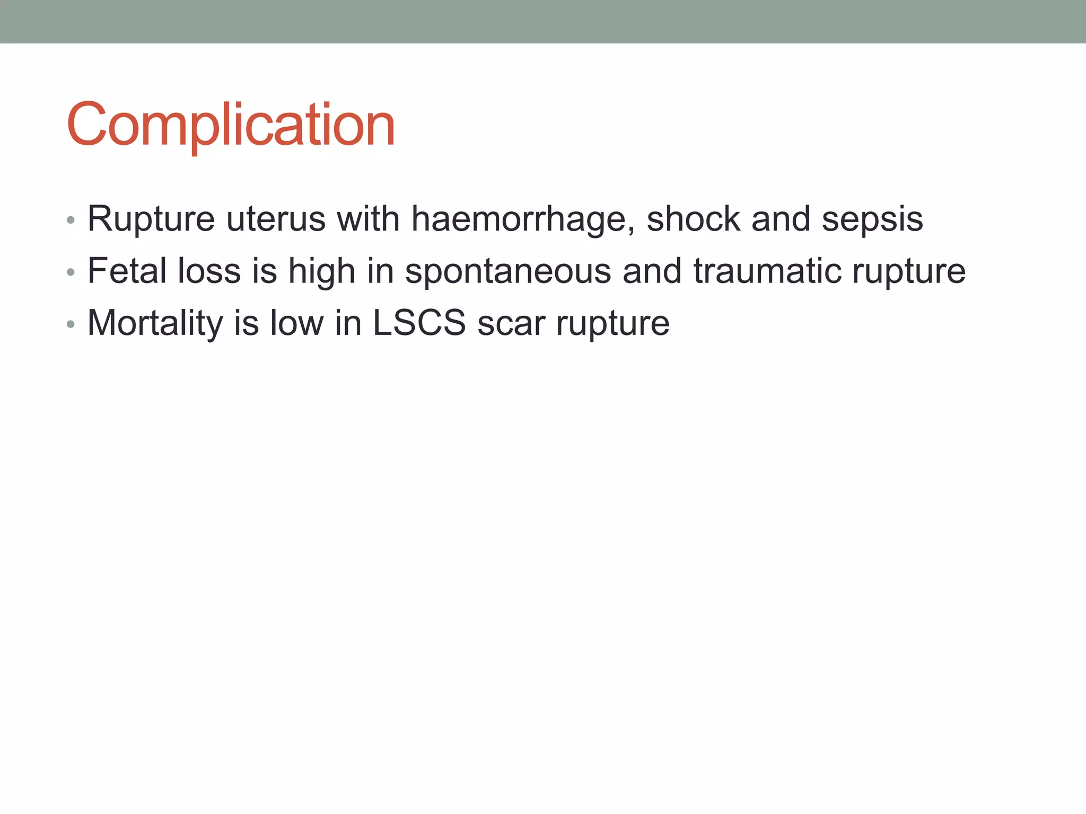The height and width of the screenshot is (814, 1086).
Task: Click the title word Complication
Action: click(x=231, y=125)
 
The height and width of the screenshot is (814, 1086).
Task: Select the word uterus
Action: click(x=276, y=219)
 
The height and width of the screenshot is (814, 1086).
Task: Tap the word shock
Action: click(x=693, y=219)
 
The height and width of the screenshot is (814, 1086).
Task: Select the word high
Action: click(x=321, y=272)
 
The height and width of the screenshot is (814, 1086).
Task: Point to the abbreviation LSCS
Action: click(x=419, y=323)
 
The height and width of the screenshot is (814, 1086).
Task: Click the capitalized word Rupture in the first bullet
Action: click(x=151, y=219)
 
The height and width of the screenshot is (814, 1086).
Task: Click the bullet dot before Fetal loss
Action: click(x=71, y=272)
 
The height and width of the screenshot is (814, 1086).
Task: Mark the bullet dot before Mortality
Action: click(x=71, y=324)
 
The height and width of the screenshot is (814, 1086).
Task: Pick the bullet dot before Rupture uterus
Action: click(x=71, y=220)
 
